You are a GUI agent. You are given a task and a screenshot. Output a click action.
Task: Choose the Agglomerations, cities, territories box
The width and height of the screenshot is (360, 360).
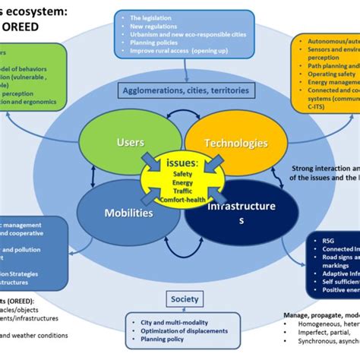coord(185,91)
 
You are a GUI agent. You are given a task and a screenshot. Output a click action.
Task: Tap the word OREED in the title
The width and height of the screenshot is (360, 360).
coord(30,26)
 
